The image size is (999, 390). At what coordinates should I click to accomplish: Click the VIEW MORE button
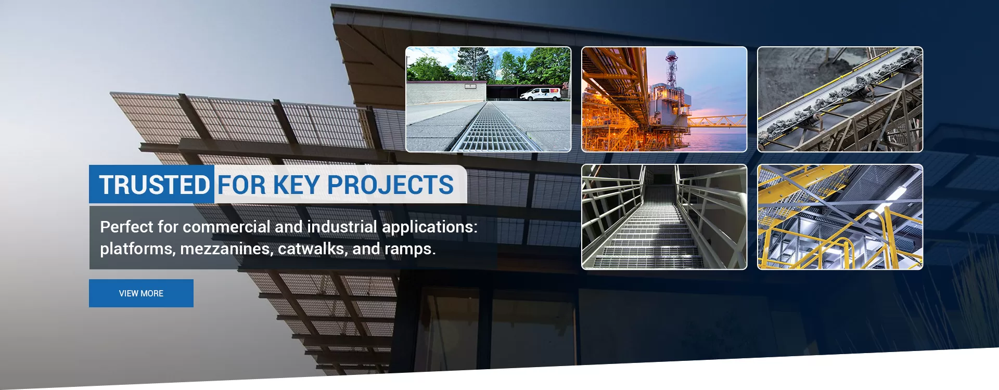(x=141, y=293)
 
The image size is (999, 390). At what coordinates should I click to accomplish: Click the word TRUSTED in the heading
(x=155, y=185)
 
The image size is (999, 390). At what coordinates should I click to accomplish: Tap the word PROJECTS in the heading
(x=390, y=185)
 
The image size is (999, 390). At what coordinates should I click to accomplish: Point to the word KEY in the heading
(x=296, y=185)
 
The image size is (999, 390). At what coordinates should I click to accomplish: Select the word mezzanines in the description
(x=225, y=249)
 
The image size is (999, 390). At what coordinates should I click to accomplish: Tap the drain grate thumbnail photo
(x=488, y=99)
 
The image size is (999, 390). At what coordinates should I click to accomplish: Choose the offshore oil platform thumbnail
(x=664, y=99)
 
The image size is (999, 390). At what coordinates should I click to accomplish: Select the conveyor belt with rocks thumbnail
(x=840, y=99)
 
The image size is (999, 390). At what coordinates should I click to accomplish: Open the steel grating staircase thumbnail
(x=664, y=217)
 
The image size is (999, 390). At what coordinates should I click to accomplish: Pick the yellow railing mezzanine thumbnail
(x=840, y=217)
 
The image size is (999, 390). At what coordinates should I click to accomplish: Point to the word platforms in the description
(x=136, y=249)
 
